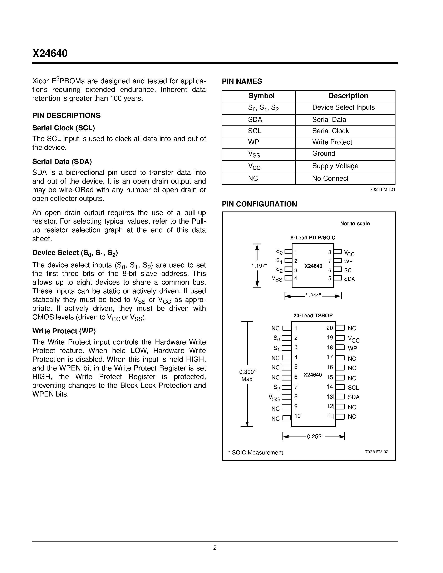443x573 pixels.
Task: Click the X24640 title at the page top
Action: click(50, 53)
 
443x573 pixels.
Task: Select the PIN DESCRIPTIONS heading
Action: click(66, 115)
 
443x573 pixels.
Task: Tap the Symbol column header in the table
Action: click(261, 96)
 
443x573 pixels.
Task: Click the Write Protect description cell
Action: click(332, 142)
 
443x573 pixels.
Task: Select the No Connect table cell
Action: click(330, 178)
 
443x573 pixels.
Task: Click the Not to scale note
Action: click(355, 224)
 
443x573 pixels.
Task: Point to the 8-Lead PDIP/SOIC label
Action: click(313, 238)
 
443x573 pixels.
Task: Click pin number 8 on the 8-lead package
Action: click(330, 252)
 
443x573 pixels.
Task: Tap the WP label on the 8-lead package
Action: click(348, 261)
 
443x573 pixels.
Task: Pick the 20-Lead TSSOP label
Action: click(313, 316)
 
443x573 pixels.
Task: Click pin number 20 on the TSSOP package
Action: click(330, 328)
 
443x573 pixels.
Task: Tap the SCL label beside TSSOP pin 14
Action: click(353, 388)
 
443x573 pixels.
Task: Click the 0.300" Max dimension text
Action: click(247, 375)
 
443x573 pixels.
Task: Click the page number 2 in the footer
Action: click(215, 548)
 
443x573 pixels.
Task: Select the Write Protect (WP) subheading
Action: click(64, 331)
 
